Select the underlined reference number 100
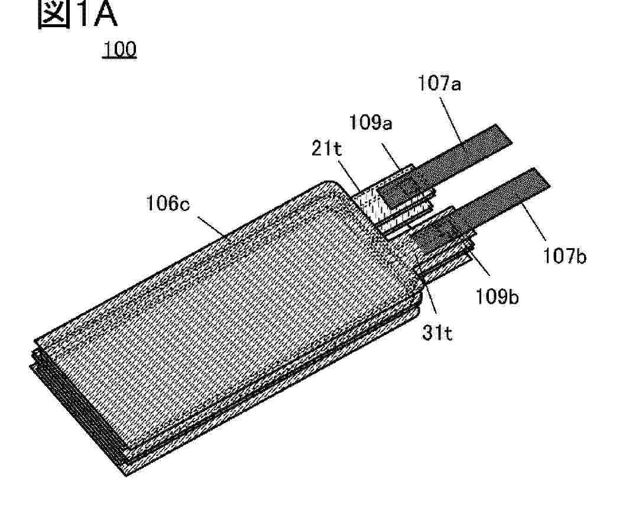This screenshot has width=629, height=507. pos(119,49)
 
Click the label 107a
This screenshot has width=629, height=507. pos(439,83)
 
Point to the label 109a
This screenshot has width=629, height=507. pos(371,122)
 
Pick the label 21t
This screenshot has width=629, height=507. pos(326,149)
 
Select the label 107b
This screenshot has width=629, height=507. pos(565,255)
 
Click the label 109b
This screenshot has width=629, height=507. pos(497,297)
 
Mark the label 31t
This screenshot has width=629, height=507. pos(437,333)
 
